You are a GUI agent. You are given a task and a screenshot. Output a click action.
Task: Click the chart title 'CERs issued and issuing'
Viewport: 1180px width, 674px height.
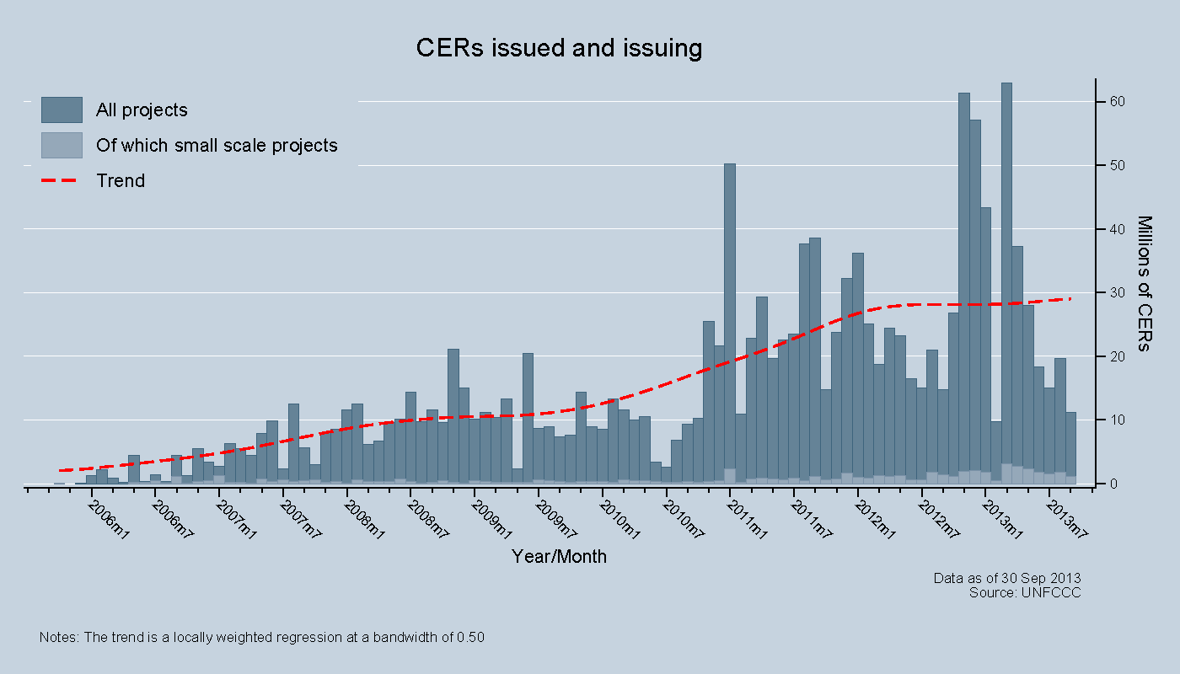point(559,48)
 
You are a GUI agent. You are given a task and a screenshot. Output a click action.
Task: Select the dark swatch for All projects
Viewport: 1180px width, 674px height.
point(62,110)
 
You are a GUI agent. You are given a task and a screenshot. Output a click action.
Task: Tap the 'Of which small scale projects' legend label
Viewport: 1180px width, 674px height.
point(217,146)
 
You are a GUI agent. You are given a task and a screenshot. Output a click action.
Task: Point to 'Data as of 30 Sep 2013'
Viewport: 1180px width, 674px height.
point(1007,578)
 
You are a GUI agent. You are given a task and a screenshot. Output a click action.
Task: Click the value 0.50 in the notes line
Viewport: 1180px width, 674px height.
point(470,638)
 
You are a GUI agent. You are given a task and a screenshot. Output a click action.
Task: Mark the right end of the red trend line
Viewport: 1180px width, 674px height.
point(1070,299)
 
